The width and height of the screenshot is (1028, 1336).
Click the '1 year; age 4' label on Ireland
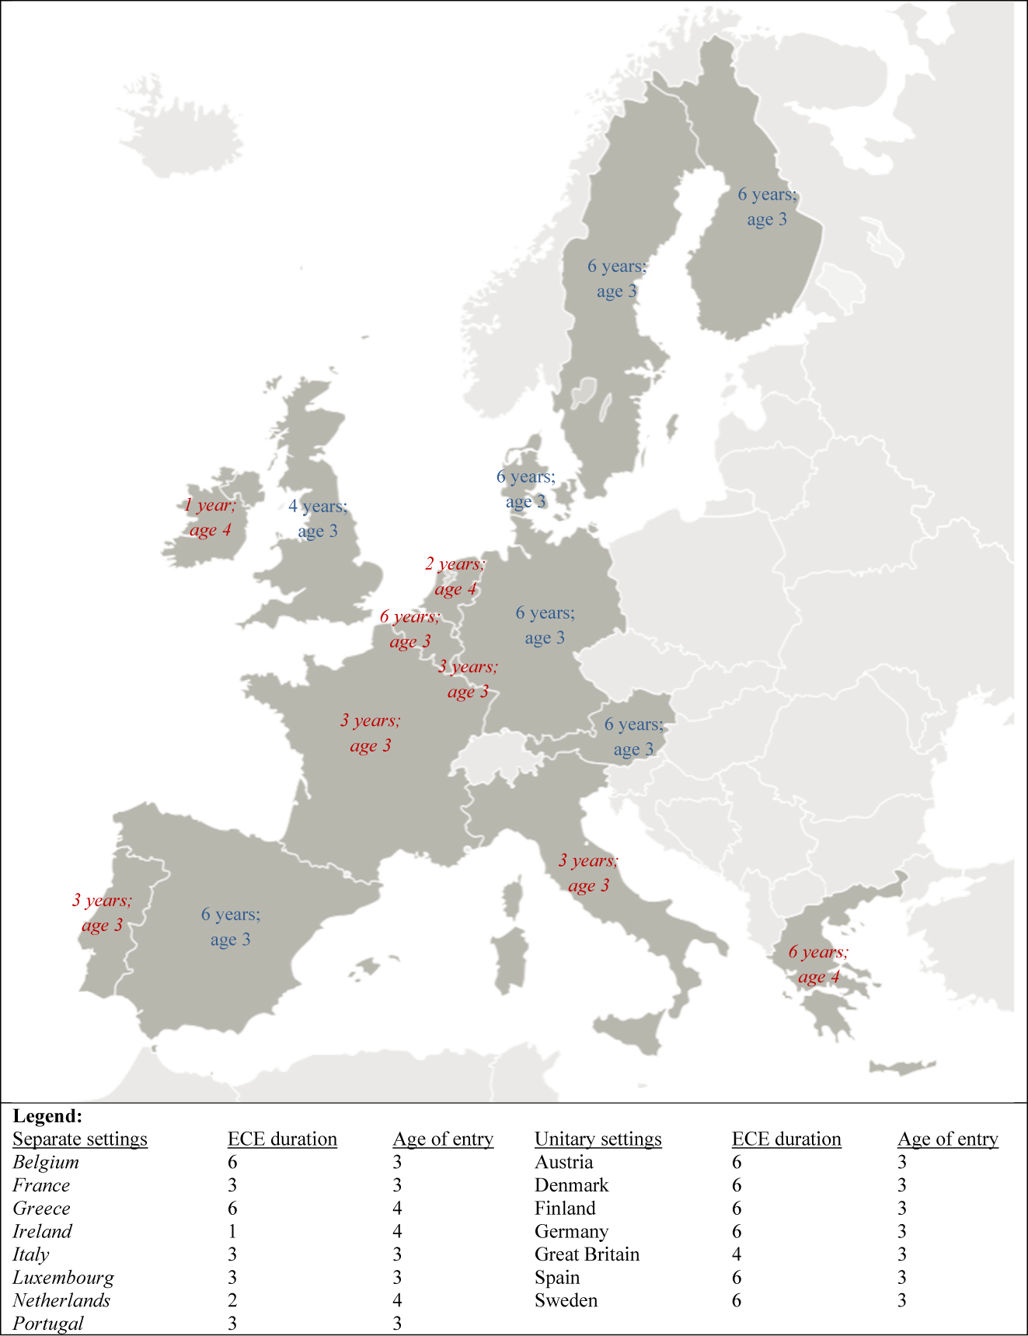pos(210,518)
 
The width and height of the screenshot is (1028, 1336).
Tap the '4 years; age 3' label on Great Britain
pos(318,518)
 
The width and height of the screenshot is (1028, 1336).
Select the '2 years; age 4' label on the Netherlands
pos(455,577)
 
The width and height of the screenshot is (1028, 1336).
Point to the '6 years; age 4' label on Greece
pos(818,965)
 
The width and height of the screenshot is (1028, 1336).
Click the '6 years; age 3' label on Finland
pos(767,207)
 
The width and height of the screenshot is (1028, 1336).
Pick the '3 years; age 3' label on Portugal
pos(102,913)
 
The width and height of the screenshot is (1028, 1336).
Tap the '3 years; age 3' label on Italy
pos(588,873)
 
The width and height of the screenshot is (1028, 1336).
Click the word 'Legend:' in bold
pos(47,1116)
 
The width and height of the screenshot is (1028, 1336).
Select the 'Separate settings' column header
pos(80,1139)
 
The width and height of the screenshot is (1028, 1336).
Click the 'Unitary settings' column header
pos(598,1139)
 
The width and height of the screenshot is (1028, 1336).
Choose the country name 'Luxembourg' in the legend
pos(63,1278)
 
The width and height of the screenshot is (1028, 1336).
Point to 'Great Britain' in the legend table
pos(587,1254)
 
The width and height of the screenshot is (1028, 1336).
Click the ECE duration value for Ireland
pos(232,1232)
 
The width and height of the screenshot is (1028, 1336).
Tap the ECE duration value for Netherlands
pos(232,1301)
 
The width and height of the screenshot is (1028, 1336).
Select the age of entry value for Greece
pos(397,1209)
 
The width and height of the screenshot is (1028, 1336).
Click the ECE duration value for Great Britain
pos(737,1254)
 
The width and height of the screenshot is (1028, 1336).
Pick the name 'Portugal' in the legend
pos(48,1324)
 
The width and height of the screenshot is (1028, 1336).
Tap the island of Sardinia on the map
pos(511,960)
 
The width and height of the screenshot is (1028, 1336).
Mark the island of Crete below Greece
pos(901,1069)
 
